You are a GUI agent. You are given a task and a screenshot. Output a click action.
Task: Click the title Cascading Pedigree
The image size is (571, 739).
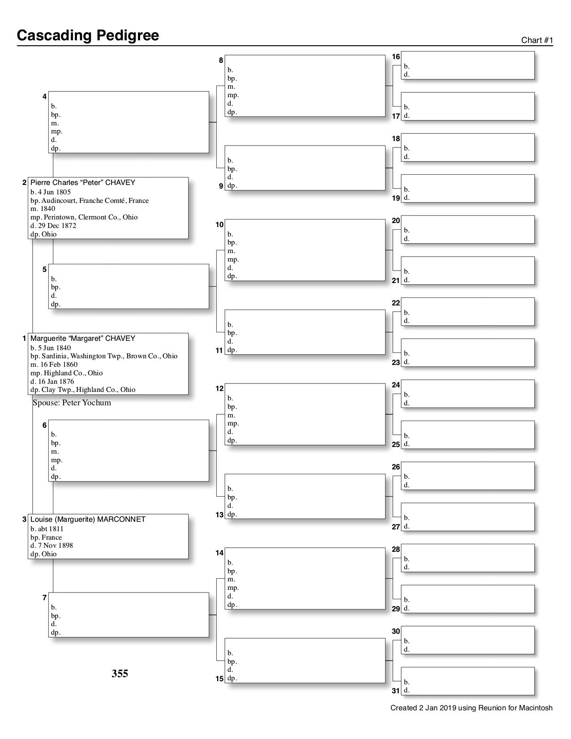pyautogui.click(x=88, y=35)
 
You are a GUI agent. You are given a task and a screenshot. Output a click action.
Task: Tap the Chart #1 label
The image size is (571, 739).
pyautogui.click(x=537, y=40)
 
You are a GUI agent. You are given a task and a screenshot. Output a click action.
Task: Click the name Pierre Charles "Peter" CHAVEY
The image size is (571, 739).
pyautogui.click(x=82, y=183)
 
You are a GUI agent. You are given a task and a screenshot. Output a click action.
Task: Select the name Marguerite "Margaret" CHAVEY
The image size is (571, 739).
pyautogui.click(x=82, y=339)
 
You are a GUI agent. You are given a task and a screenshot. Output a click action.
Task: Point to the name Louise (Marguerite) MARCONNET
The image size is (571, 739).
pyautogui.click(x=88, y=520)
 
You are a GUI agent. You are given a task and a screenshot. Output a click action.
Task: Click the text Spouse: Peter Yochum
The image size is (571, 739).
pyautogui.click(x=72, y=403)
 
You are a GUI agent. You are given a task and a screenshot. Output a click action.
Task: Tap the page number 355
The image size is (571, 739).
pyautogui.click(x=120, y=674)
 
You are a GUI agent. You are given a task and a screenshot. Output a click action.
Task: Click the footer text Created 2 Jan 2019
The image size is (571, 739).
pyautogui.click(x=471, y=708)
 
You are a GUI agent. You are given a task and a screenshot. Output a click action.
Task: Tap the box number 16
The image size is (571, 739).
pyautogui.click(x=396, y=57)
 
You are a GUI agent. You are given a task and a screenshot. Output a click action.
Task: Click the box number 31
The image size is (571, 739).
pyautogui.click(x=396, y=691)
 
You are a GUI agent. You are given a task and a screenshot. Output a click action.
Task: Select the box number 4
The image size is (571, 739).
pyautogui.click(x=44, y=96)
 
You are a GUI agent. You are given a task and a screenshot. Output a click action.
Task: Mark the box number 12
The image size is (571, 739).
pyautogui.click(x=219, y=389)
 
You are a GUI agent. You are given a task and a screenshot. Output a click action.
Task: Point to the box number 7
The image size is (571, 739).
pyautogui.click(x=44, y=597)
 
